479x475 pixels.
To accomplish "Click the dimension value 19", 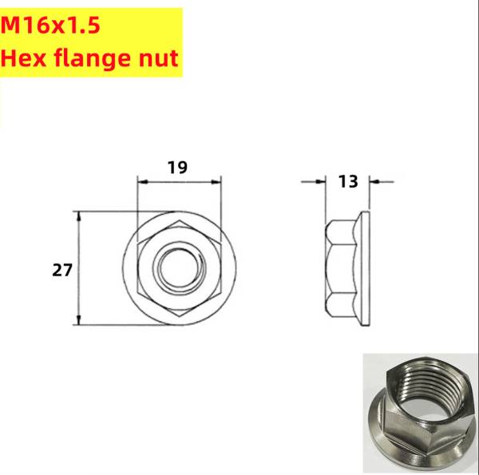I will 177,167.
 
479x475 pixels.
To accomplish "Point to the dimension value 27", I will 62,270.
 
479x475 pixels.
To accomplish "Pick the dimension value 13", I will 347,181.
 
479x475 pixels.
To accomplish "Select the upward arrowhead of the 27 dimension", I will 78,215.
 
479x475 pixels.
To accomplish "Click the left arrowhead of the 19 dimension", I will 142,181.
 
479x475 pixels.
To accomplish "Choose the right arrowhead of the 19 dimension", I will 216,181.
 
